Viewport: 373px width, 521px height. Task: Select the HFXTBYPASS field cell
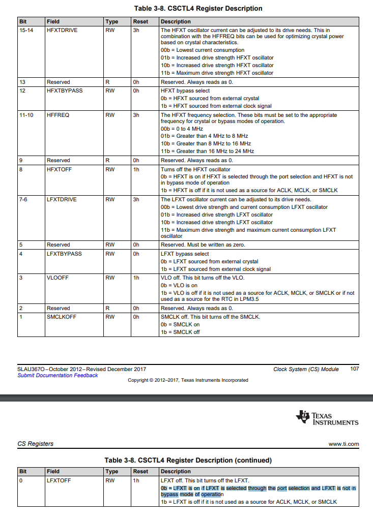(x=64, y=90)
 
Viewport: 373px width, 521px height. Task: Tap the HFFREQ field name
(x=58, y=115)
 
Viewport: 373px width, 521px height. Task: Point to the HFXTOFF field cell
(x=60, y=169)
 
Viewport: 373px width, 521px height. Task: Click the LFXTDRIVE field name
(x=61, y=199)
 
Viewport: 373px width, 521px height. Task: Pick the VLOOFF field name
(x=57, y=278)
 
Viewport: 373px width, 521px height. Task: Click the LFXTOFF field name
(x=59, y=480)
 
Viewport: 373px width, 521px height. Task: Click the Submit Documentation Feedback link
(x=58, y=375)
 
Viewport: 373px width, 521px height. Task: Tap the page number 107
(x=355, y=369)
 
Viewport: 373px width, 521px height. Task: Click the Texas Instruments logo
(x=327, y=418)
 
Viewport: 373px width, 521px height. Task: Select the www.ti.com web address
(x=343, y=444)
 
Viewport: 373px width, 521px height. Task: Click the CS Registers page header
(x=35, y=444)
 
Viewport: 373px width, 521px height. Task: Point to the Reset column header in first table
(x=140, y=22)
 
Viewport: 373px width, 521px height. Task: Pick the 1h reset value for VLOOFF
(x=136, y=278)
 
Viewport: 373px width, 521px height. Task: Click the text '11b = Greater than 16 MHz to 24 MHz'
(x=207, y=151)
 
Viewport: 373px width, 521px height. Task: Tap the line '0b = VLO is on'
(x=179, y=285)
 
